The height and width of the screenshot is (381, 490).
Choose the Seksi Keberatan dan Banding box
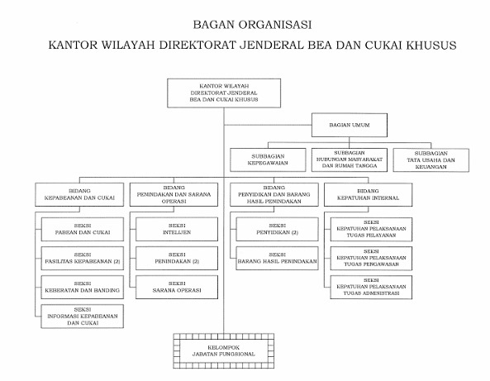[x=81, y=287]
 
